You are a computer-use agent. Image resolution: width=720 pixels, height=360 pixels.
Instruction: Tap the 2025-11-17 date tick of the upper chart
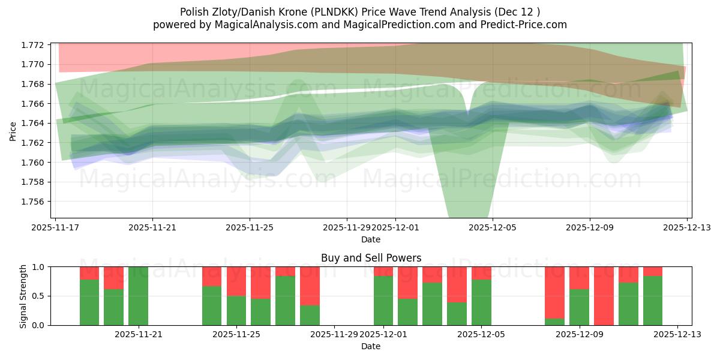55,228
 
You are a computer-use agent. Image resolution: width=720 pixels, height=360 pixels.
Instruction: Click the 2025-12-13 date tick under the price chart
687,228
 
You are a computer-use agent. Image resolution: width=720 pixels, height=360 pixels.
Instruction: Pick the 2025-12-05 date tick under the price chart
493,228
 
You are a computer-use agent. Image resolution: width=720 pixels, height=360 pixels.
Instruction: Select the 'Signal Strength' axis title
23,296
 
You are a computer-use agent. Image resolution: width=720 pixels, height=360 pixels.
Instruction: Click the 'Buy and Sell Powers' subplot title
371,258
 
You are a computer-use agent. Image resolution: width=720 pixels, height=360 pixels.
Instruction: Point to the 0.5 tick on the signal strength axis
40,296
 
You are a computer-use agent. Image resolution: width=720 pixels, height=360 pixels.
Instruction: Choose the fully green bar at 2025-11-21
138,296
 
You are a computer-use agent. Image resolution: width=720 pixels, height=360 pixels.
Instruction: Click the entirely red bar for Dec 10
604,296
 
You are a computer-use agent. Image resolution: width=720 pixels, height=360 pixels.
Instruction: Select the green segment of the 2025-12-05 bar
481,302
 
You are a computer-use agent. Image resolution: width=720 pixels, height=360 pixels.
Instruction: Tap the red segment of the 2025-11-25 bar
236,281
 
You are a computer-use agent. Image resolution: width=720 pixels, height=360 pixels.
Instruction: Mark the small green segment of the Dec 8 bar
554,322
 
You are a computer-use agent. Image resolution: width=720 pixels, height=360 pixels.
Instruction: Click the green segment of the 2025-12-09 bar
579,307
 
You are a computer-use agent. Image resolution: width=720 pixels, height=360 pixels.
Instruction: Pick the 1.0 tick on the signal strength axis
40,266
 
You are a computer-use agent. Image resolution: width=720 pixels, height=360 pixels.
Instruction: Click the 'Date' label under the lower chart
371,346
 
